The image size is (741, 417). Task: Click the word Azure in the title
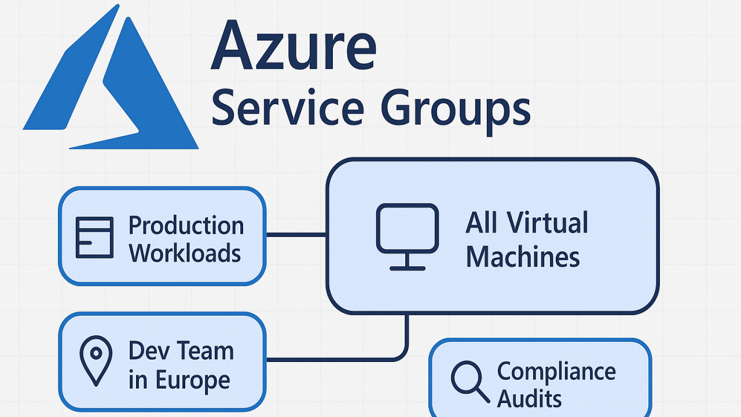(x=294, y=45)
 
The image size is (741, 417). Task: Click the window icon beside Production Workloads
(x=94, y=237)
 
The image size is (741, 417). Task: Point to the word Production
(x=186, y=226)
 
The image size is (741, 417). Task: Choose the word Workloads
(x=185, y=253)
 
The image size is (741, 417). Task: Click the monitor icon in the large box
(x=408, y=237)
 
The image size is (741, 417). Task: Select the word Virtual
(x=548, y=223)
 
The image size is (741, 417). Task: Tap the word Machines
(x=523, y=257)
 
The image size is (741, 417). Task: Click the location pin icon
(x=96, y=361)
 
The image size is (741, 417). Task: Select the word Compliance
(x=556, y=372)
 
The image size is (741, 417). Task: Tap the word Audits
(x=529, y=398)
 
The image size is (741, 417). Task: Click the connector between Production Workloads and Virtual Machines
(x=296, y=235)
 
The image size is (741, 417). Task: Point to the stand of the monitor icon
(x=408, y=262)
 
